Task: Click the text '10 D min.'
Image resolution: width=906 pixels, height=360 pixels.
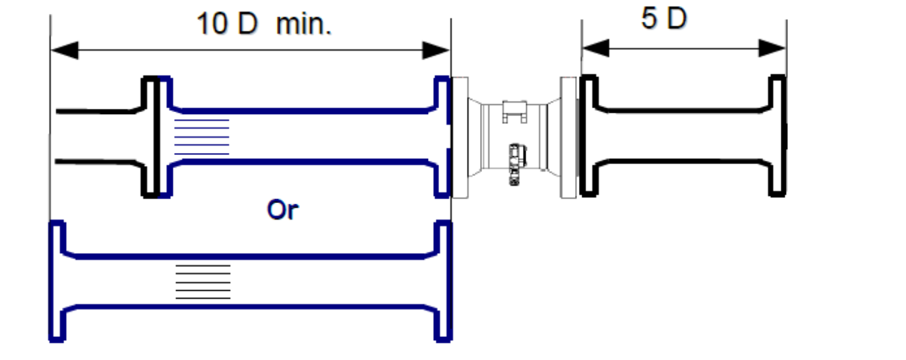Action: (x=264, y=24)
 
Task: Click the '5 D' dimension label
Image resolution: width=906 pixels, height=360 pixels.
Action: (x=664, y=18)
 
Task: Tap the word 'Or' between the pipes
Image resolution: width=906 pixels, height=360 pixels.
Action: (x=283, y=210)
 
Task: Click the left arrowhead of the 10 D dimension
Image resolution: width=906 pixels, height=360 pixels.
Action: (x=65, y=50)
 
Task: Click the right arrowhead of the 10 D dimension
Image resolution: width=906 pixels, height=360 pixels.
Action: (x=436, y=50)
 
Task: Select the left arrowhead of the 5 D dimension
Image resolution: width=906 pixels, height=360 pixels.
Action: (x=596, y=48)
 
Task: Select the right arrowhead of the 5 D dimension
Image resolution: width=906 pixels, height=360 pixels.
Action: (x=772, y=48)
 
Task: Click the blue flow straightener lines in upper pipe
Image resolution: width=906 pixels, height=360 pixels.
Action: (x=202, y=136)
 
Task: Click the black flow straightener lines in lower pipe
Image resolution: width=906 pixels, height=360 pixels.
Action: (x=203, y=282)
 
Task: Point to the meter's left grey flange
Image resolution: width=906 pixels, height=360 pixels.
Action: (x=460, y=138)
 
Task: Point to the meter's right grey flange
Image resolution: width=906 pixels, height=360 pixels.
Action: (x=568, y=138)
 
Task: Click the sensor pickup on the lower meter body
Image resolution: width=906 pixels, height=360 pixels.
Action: (x=516, y=164)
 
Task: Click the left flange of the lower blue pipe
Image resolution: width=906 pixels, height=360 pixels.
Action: (x=57, y=281)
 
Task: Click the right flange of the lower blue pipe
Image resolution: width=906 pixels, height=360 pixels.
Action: (x=443, y=281)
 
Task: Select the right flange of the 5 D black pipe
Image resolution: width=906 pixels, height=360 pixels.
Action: (x=777, y=136)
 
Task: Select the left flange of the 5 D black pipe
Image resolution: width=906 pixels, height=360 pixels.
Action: (x=589, y=136)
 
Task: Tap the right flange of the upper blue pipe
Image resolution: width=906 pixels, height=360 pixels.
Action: (x=442, y=136)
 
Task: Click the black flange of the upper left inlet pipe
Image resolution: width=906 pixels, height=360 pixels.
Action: (x=150, y=136)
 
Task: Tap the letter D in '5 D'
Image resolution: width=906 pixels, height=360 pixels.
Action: (x=677, y=18)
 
